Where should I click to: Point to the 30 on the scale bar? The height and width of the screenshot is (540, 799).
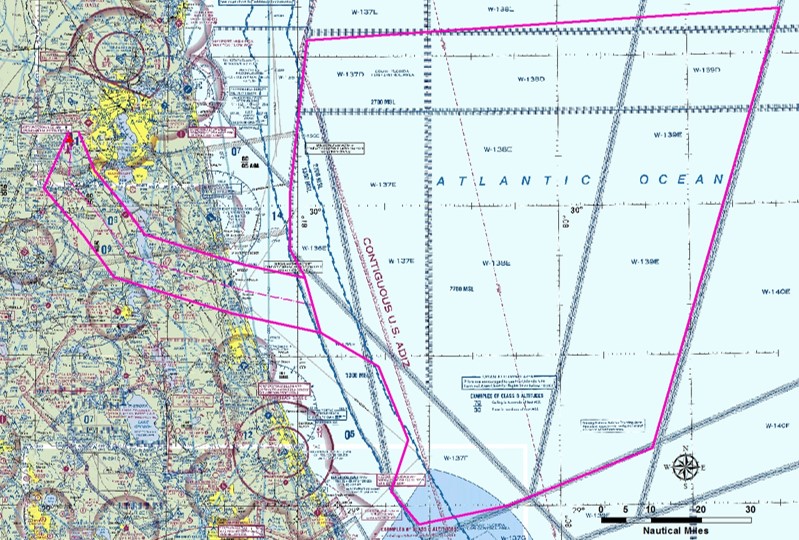pyautogui.click(x=750, y=510)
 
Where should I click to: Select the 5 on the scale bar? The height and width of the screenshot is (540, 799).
pyautogui.click(x=626, y=510)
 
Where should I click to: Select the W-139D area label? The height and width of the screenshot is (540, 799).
pyautogui.click(x=707, y=71)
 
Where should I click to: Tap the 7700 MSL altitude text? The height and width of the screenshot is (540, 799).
pyautogui.click(x=461, y=289)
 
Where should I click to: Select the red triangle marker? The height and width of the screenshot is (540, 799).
pyautogui.click(x=69, y=144)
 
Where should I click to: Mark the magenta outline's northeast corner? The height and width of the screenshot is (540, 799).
pyautogui.click(x=777, y=9)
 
